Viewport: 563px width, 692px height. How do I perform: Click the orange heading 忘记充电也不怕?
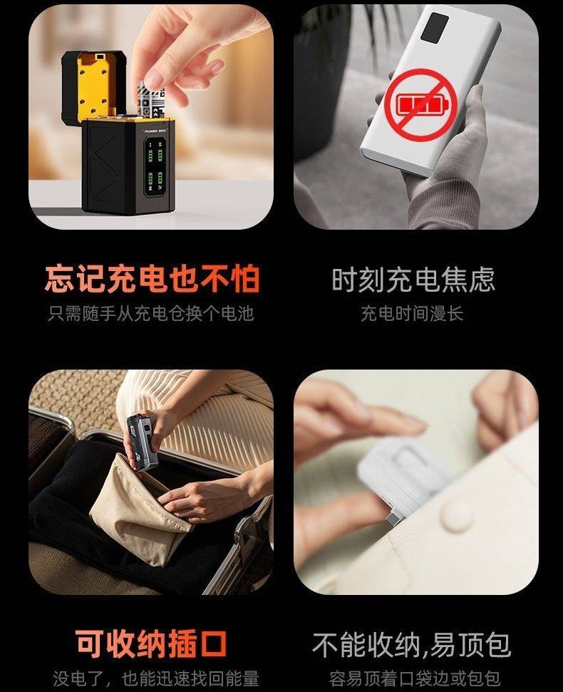click(152, 279)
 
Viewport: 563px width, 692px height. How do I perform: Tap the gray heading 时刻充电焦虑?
click(413, 280)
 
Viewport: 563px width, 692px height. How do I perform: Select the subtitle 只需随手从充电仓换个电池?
click(151, 313)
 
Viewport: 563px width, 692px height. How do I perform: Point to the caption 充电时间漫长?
click(412, 313)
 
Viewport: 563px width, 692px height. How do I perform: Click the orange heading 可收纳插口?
click(151, 644)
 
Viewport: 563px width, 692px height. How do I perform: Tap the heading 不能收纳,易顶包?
click(412, 645)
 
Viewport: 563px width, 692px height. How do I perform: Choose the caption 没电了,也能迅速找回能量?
click(156, 678)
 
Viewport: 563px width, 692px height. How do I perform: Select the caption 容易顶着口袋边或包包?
click(415, 678)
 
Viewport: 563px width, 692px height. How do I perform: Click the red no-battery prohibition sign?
click(420, 105)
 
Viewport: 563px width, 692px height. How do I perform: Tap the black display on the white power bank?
click(435, 27)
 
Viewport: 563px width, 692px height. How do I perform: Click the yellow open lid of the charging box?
click(94, 86)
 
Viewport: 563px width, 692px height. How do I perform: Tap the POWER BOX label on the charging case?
click(155, 131)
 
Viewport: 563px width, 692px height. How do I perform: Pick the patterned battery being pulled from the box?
click(151, 100)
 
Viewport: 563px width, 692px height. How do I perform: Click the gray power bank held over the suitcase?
click(142, 442)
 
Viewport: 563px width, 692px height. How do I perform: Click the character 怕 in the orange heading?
click(245, 279)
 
